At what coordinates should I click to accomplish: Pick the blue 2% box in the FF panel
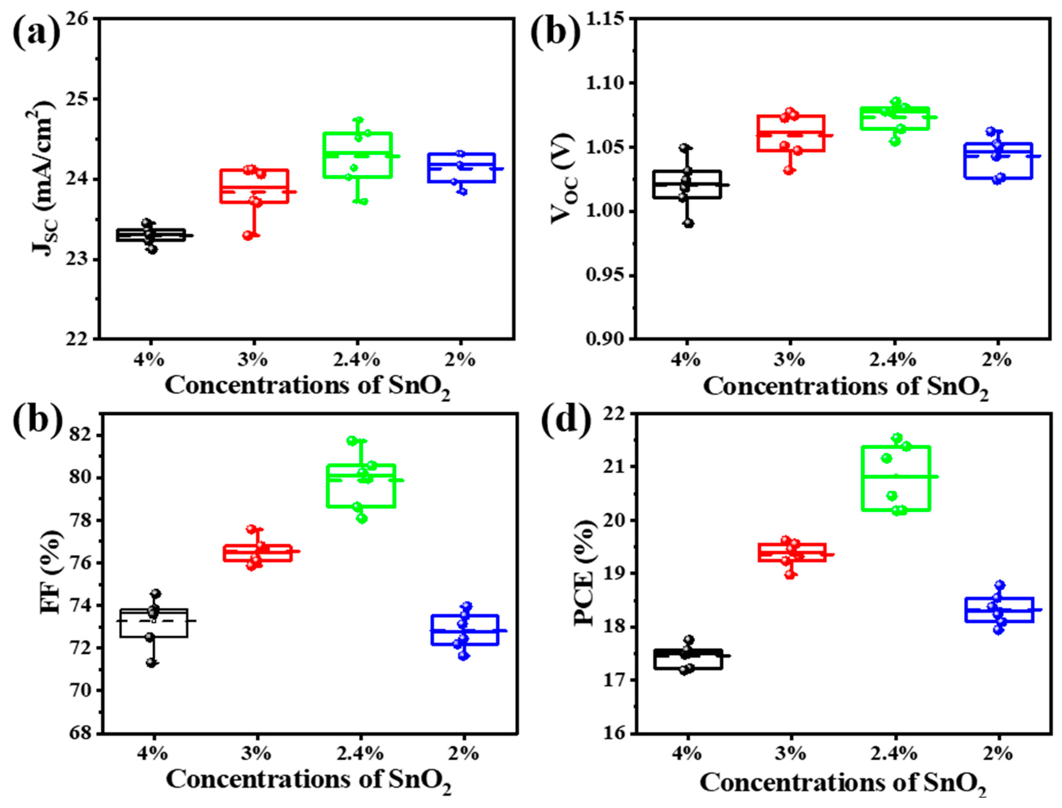click(464, 630)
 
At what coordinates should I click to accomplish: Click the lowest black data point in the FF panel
click(151, 663)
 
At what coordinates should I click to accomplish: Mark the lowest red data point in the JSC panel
click(248, 235)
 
